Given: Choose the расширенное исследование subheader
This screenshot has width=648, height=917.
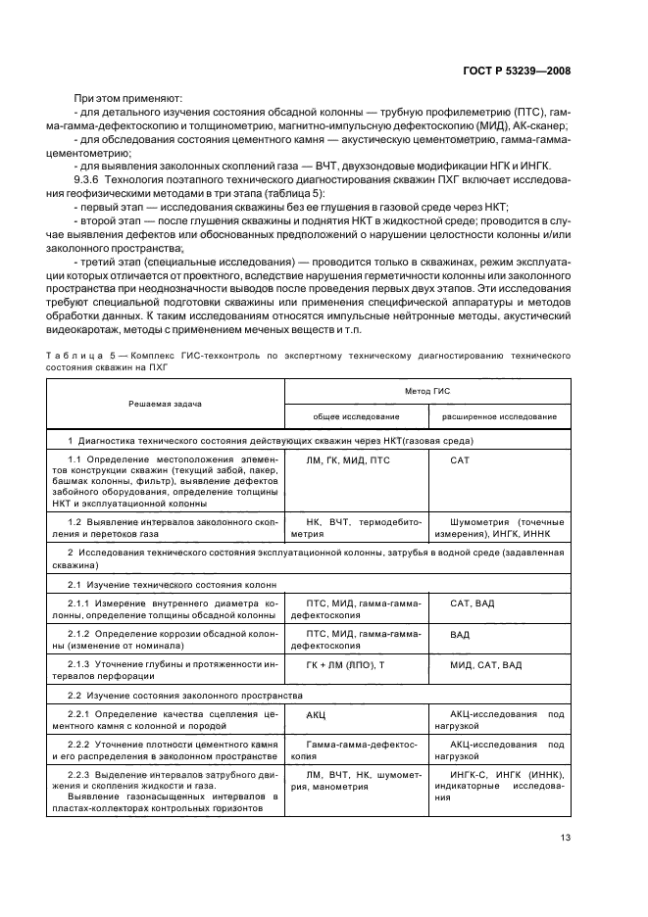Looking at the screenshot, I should point(500,416).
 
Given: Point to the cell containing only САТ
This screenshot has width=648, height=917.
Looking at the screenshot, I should point(461,459).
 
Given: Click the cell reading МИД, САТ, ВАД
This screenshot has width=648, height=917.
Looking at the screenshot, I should point(485,665).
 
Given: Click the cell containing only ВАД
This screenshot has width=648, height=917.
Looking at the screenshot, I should point(460,635).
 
